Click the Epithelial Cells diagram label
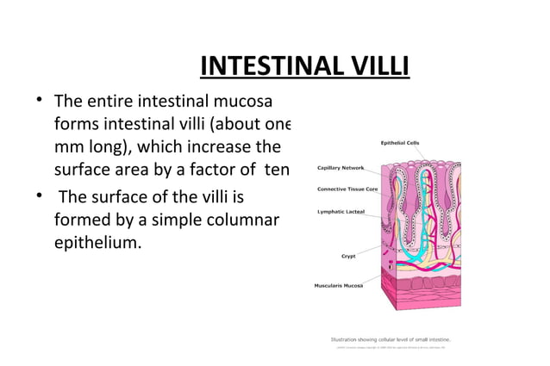click(400, 142)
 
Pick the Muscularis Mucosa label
click(338, 285)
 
